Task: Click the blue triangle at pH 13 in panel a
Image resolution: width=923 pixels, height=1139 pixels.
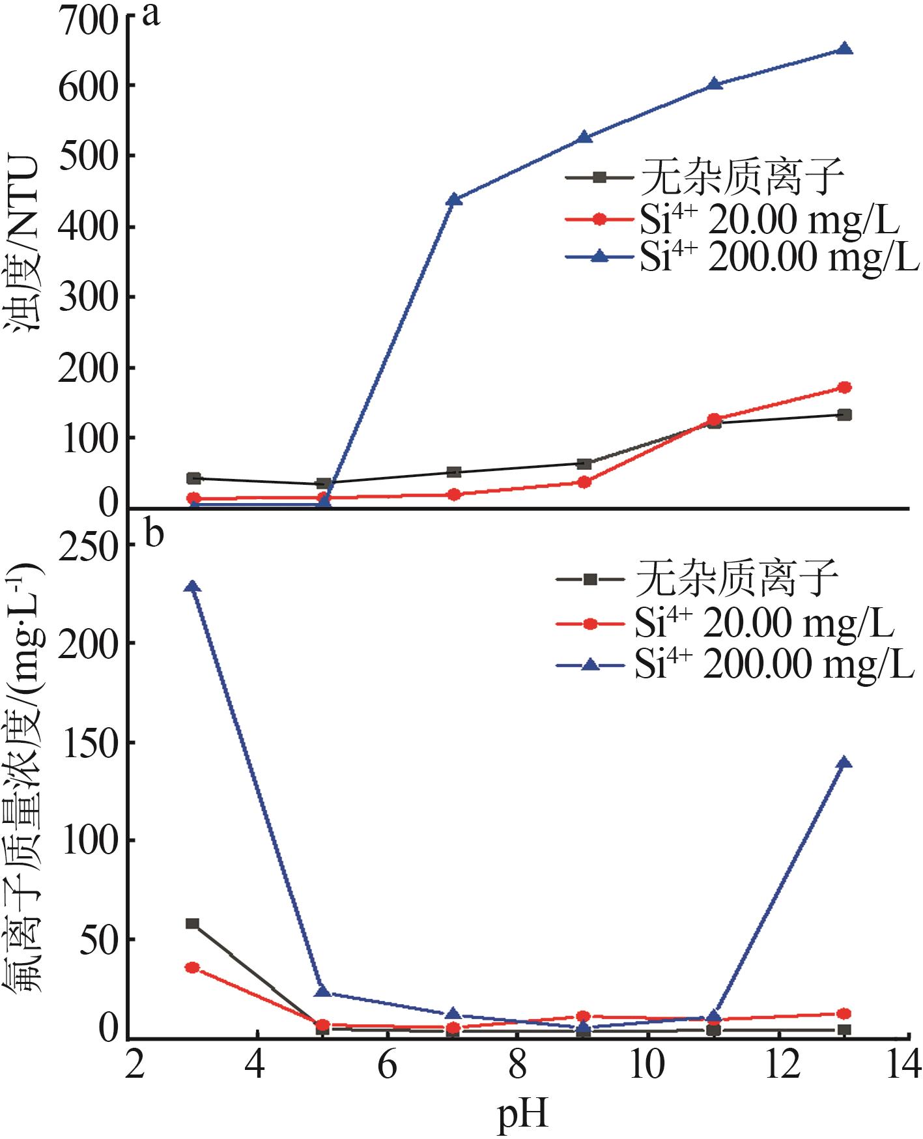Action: (844, 50)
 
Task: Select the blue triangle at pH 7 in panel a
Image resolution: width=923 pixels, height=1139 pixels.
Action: (454, 200)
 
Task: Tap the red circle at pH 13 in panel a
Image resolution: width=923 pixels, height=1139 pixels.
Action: (844, 388)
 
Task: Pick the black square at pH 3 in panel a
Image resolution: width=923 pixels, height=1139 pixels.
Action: (193, 478)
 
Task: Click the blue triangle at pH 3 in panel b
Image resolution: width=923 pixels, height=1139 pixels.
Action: (192, 587)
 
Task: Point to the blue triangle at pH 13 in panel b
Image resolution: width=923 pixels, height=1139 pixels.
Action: (844, 763)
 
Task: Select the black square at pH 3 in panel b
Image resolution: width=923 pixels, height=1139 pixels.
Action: (192, 923)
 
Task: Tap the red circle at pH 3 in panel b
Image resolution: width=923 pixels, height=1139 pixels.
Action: (192, 968)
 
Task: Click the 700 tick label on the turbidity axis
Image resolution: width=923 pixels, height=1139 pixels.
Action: (89, 18)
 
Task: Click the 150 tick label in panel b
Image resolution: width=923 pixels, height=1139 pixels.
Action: (89, 743)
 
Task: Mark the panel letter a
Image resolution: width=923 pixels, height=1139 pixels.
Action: (151, 14)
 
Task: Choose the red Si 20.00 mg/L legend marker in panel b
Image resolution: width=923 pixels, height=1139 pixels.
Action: (589, 624)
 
